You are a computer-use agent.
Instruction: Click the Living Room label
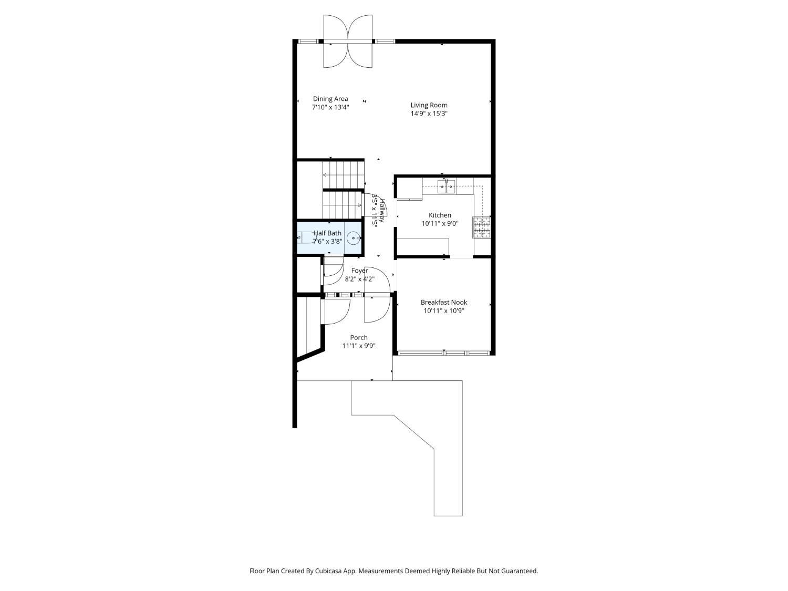429,105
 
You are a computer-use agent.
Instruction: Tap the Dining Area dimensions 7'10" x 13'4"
330,107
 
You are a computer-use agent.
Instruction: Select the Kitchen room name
440,215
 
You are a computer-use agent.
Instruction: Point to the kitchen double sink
446,186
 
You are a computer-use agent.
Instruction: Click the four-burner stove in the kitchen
481,227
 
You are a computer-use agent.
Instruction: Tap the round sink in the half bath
354,238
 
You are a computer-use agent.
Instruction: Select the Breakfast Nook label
444,302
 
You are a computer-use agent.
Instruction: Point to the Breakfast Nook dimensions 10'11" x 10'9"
444,311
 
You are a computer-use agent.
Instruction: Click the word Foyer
359,271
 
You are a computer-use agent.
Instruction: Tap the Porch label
359,337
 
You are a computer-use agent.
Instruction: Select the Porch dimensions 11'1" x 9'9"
359,346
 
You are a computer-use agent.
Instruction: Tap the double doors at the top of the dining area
348,42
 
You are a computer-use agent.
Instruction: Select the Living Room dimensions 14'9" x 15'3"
429,114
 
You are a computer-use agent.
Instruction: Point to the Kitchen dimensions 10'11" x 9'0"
440,224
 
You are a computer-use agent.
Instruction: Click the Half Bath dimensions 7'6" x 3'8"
327,242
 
